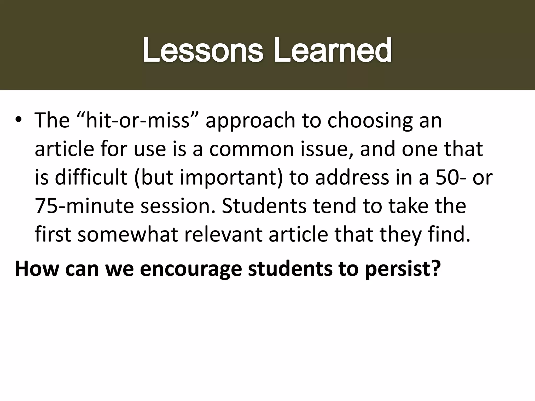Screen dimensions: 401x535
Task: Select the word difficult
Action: coord(91,178)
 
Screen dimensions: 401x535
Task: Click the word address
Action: coord(352,178)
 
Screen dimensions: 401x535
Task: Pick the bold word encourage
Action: coord(191,269)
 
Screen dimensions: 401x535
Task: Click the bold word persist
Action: coord(403,269)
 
